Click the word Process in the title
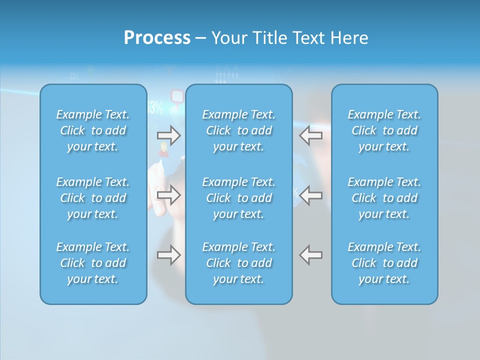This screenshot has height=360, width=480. [157, 38]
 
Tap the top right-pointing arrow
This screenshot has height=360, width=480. [168, 135]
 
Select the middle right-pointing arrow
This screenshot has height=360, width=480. [168, 195]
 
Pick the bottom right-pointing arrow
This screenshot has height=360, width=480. [168, 255]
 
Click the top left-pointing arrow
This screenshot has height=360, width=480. [311, 135]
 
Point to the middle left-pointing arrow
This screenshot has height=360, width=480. [311, 195]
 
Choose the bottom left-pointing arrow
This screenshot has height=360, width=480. [311, 255]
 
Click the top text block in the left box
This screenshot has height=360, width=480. [93, 130]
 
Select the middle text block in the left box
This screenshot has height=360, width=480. [93, 198]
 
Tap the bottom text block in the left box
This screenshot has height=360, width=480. [93, 263]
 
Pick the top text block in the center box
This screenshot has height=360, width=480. [238, 130]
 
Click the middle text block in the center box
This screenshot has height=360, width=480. [238, 198]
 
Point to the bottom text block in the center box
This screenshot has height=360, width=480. [238, 263]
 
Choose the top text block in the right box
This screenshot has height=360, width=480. [384, 130]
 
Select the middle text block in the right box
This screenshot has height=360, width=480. [384, 198]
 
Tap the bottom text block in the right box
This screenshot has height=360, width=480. [384, 263]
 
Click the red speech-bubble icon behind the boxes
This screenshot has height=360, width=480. [177, 95]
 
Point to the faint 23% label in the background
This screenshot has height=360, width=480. [74, 76]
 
